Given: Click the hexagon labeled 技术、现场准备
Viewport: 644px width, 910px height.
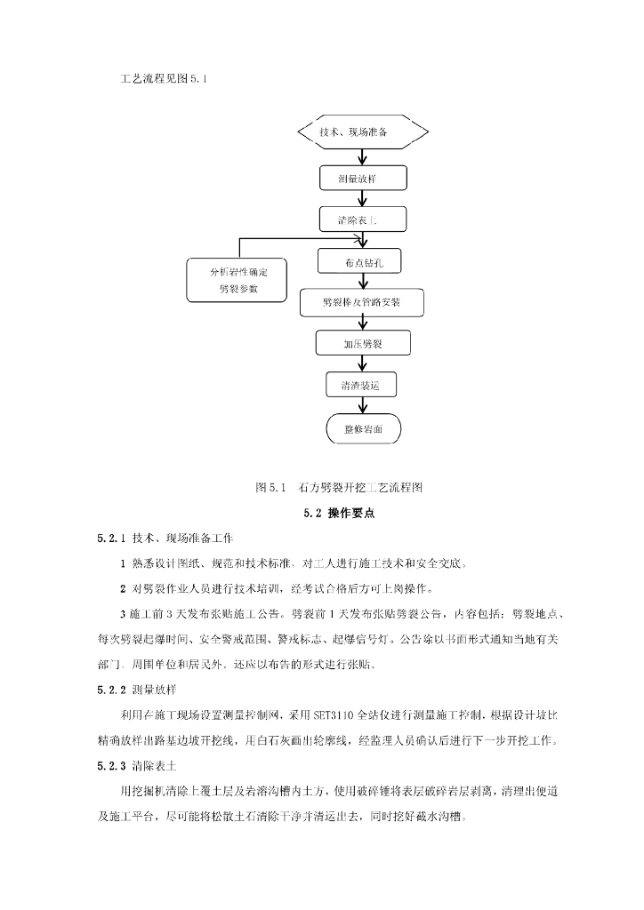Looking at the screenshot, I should pyautogui.click(x=361, y=133).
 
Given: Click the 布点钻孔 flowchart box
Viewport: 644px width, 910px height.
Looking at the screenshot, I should pyautogui.click(x=361, y=261).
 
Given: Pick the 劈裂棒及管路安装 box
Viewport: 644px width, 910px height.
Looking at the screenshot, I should pyautogui.click(x=361, y=302).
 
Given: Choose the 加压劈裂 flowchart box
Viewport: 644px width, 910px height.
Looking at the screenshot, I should pyautogui.click(x=361, y=343).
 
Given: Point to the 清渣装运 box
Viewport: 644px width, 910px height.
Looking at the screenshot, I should pyautogui.click(x=361, y=385).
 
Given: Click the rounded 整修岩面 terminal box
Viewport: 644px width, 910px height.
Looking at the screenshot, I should pyautogui.click(x=361, y=428).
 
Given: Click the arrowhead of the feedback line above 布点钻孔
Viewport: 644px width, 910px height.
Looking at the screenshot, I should pyautogui.click(x=362, y=238).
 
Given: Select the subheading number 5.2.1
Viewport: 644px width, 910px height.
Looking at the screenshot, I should pyautogui.click(x=114, y=538).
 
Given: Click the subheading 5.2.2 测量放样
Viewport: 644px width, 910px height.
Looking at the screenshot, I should pyautogui.click(x=143, y=688).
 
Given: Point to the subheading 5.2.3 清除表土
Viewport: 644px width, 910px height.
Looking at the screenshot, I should pyautogui.click(x=143, y=764).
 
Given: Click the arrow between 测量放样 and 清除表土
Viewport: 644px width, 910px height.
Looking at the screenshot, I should pyautogui.click(x=361, y=198).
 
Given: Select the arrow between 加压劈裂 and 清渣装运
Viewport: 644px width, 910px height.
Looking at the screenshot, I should pyautogui.click(x=361, y=364).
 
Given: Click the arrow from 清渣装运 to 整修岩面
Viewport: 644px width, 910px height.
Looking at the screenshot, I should pyautogui.click(x=361, y=406).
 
